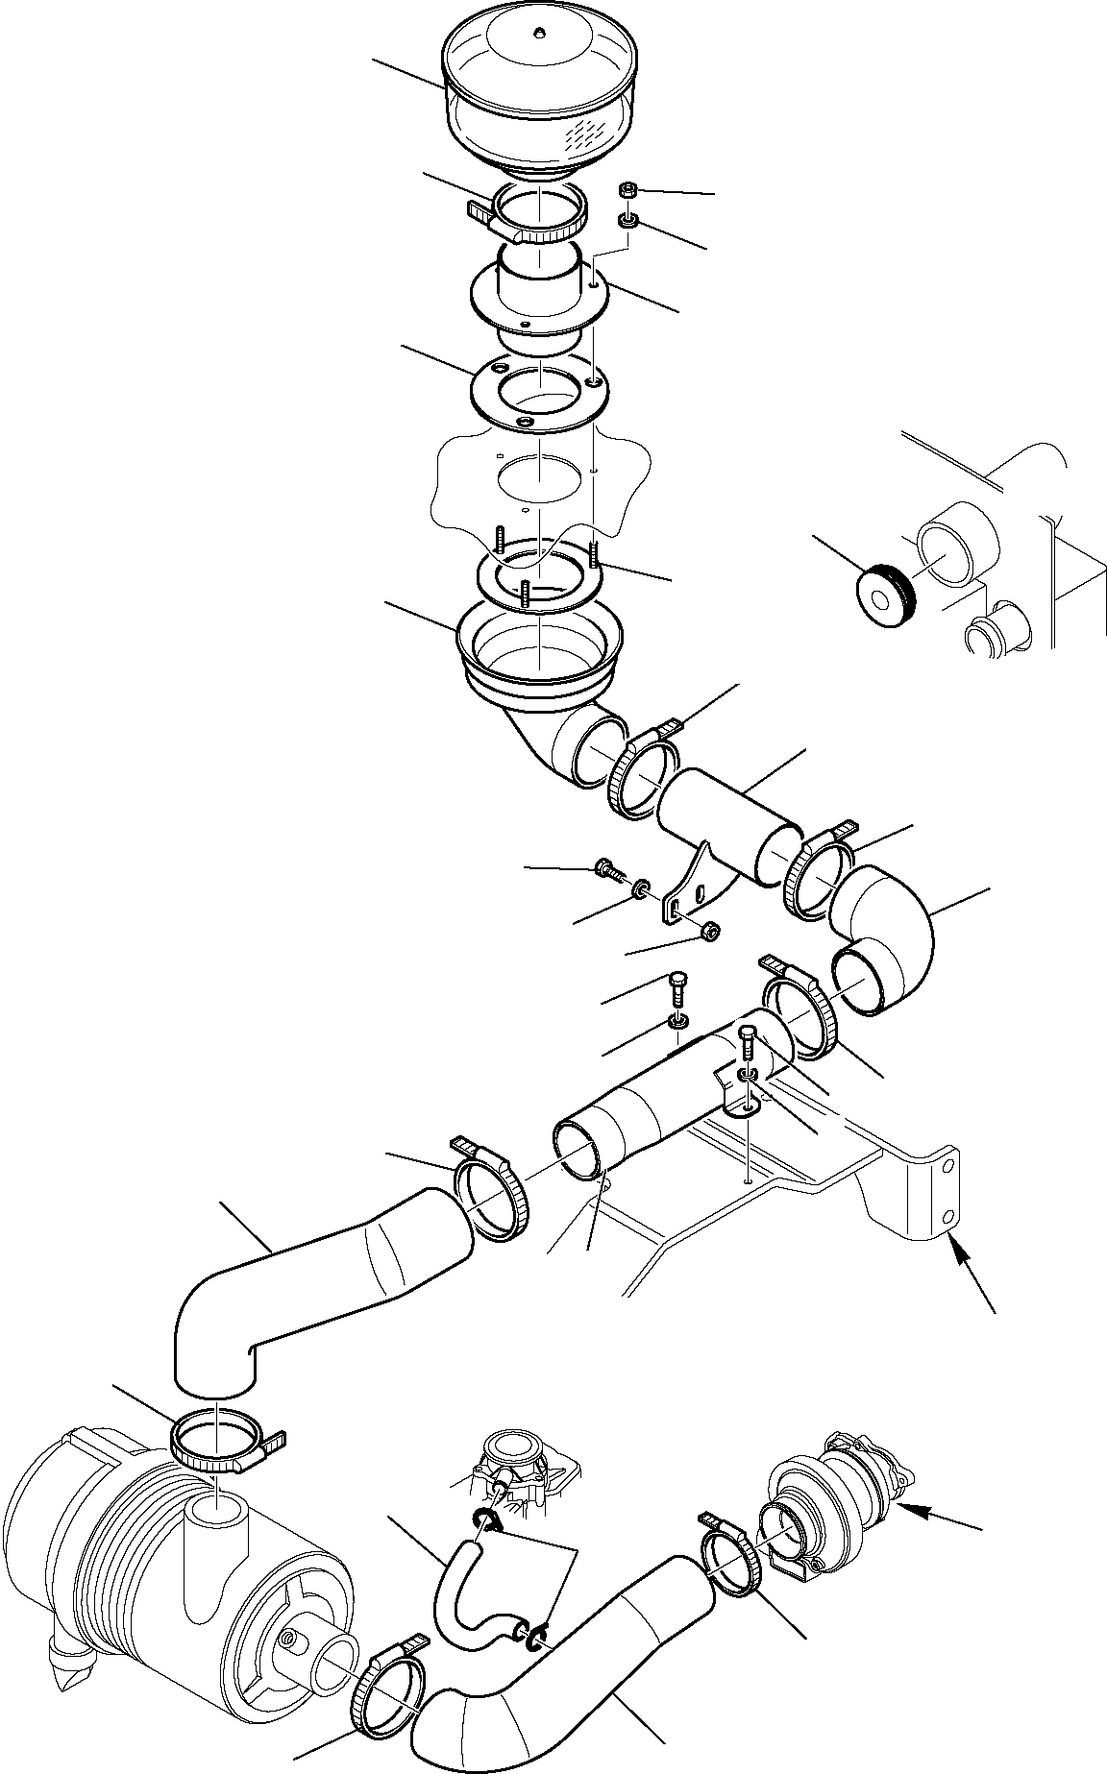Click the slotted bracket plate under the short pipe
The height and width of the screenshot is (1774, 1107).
[x=690, y=893]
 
